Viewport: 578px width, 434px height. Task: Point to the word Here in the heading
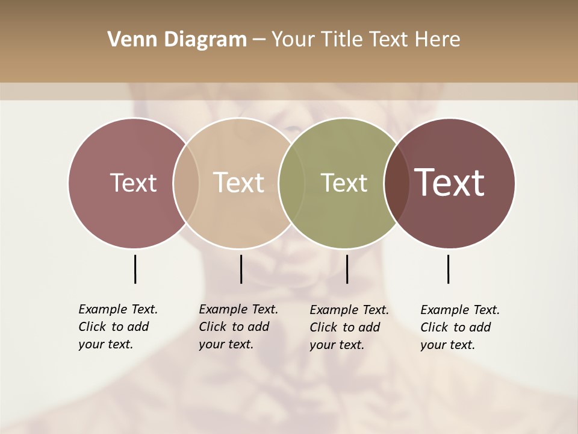point(438,40)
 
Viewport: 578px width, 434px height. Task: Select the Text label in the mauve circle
point(133,183)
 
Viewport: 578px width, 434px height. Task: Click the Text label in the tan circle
point(239,183)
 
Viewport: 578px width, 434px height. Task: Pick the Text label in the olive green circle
point(344,183)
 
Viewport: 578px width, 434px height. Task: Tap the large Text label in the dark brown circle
point(450,183)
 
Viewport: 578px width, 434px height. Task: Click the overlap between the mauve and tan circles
point(186,183)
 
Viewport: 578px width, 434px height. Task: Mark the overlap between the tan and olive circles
point(291,183)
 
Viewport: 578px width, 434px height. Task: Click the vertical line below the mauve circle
point(135,269)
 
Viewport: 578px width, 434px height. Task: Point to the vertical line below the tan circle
point(241,269)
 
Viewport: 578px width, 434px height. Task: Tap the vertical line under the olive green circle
point(347,269)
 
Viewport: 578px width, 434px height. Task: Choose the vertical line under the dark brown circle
point(448,269)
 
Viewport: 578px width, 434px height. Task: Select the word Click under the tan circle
point(213,327)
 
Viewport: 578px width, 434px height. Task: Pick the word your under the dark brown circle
point(432,345)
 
